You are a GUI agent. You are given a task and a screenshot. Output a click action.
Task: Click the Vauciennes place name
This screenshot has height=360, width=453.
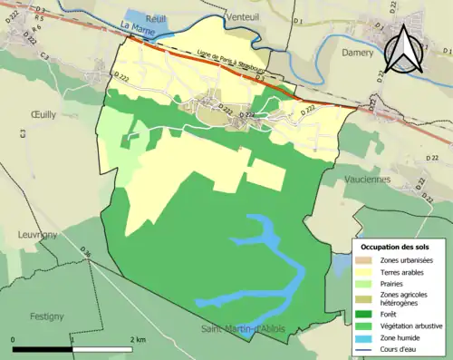(390, 179)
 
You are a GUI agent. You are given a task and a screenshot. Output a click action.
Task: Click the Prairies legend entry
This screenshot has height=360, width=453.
(393, 282)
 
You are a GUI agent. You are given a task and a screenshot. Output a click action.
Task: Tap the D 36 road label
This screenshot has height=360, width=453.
(87, 251)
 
